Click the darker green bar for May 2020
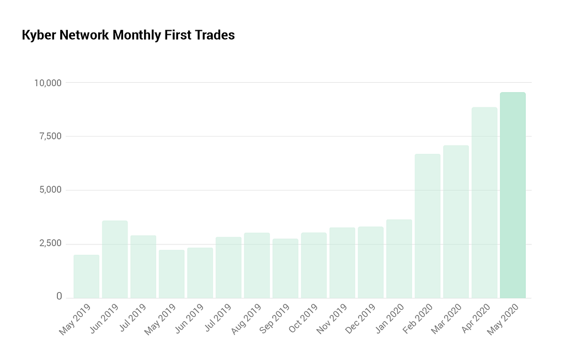point(513,195)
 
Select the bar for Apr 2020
point(484,202)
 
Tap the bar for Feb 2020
point(428,226)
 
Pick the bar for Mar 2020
point(456,222)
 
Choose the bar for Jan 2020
point(399,259)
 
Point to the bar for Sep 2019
point(285,268)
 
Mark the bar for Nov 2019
point(342,262)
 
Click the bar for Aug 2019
point(257,265)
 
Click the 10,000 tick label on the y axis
point(47,83)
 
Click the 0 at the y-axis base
point(59,297)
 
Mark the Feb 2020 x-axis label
point(418,319)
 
